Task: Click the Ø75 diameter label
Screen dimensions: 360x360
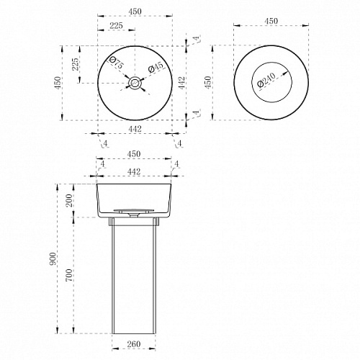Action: [117, 63]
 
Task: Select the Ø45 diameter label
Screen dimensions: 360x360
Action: [156, 67]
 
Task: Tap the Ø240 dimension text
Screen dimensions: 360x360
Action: [266, 80]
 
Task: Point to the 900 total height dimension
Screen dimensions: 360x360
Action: [53, 258]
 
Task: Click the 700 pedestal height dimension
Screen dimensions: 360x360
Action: [69, 275]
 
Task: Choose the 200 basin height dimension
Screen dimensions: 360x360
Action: [69, 200]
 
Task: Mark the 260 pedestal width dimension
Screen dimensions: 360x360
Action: [134, 344]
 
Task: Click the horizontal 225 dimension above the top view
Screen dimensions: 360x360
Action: [116, 25]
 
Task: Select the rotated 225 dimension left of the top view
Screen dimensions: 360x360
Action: [75, 64]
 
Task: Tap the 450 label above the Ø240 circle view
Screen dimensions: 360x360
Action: [271, 21]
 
